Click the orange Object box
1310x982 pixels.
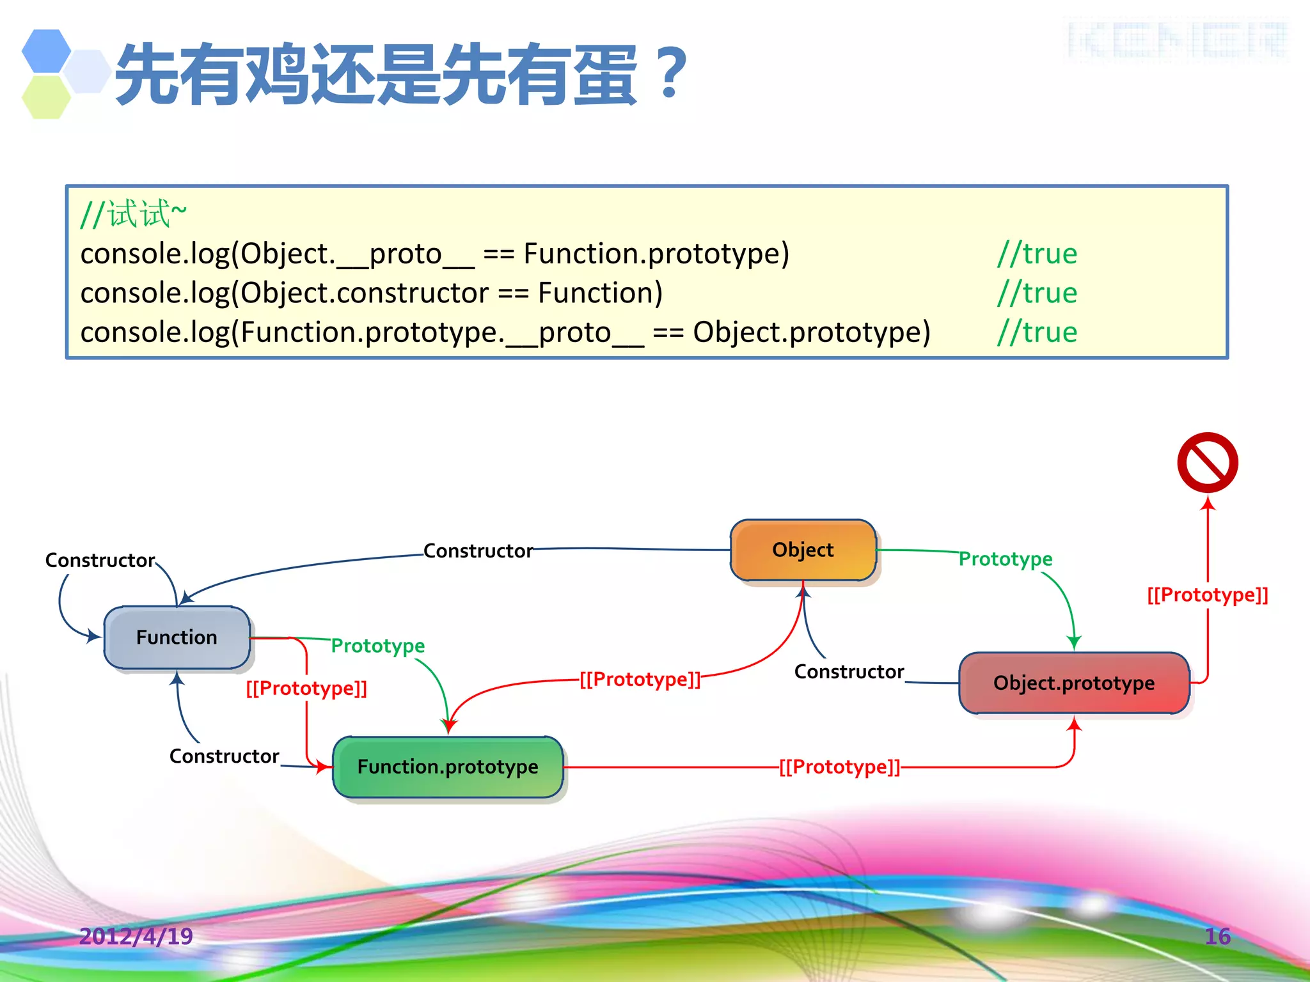[x=803, y=550]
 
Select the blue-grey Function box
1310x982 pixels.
[x=177, y=637]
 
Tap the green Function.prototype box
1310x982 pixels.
[x=448, y=767]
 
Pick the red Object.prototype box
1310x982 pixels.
[x=1074, y=683]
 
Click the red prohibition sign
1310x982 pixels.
[x=1208, y=462]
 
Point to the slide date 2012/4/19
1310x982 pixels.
[x=136, y=936]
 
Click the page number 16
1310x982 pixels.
[x=1217, y=936]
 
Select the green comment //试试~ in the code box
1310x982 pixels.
[x=133, y=214]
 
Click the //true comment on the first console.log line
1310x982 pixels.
[x=1037, y=254]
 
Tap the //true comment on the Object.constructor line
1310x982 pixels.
[x=1037, y=293]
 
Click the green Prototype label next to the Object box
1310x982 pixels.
[x=1006, y=559]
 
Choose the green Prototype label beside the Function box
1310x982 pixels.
[x=377, y=646]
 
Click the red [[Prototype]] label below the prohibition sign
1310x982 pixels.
[x=1208, y=595]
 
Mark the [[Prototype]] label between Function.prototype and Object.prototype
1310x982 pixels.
[x=839, y=767]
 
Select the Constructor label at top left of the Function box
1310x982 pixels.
[x=100, y=560]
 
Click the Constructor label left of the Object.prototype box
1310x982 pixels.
[x=849, y=671]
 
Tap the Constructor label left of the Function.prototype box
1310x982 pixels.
[x=224, y=756]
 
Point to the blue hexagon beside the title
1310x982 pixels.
[x=46, y=51]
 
